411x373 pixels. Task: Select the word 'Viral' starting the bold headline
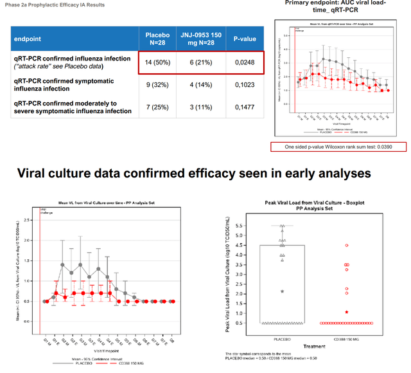37,174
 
